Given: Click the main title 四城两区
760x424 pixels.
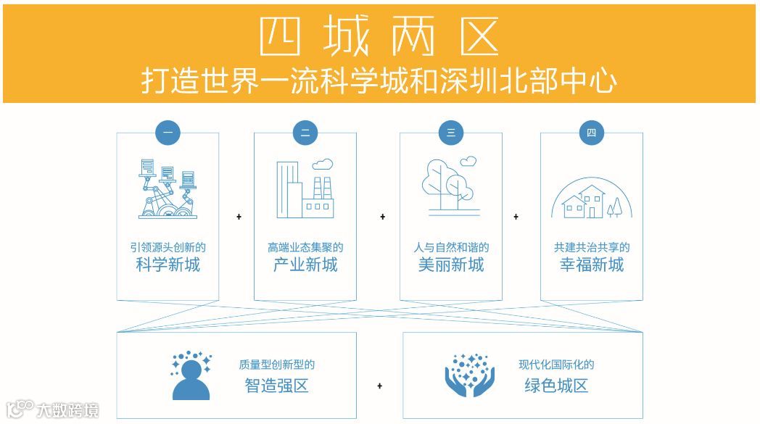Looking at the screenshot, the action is point(379,35).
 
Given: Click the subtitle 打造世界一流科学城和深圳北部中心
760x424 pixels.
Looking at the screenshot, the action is point(379,81).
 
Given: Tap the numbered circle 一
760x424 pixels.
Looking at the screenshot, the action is point(168,133).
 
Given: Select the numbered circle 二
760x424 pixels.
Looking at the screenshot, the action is point(305,133).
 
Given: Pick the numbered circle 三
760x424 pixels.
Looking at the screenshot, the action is point(450,133).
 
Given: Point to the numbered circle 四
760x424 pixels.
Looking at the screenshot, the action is point(591,133).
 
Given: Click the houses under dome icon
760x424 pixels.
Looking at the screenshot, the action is point(591,197).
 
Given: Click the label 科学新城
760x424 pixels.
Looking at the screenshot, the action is point(168,265).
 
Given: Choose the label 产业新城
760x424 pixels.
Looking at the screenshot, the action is point(305,265).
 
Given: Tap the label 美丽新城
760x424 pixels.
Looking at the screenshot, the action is point(450,265).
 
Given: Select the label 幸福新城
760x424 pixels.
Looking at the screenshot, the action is point(591,265).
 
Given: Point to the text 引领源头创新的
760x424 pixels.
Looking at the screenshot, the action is point(168,247).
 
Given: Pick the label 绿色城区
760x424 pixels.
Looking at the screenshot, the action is point(556,386).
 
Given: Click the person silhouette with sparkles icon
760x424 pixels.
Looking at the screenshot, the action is point(191,375).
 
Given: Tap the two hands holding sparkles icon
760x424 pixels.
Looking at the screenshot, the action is point(469,375).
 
